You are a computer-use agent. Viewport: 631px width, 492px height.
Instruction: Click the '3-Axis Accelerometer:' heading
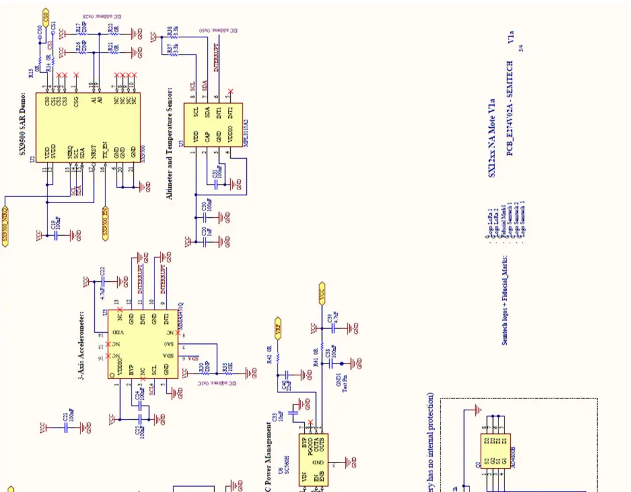82,343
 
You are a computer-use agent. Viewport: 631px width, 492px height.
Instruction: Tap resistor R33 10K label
225,368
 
